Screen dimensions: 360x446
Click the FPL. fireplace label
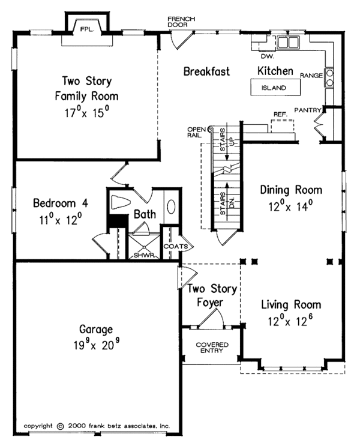[87, 29]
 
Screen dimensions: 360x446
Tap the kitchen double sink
[288, 43]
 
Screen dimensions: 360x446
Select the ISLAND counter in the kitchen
[275, 87]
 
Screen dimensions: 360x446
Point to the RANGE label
[311, 76]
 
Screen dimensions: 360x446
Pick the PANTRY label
[308, 110]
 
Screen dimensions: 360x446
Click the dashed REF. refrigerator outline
[283, 126]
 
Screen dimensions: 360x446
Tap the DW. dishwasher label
[268, 56]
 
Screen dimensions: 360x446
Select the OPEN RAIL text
[196, 132]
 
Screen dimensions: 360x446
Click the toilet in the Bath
[120, 202]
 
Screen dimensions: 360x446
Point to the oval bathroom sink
[171, 206]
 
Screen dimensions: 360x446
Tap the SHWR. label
[145, 255]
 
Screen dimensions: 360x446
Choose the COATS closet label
[176, 246]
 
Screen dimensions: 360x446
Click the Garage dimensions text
[97, 345]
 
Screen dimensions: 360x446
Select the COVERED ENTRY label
[212, 348]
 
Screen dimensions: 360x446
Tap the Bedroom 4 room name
[61, 203]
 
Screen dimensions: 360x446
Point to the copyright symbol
[60, 426]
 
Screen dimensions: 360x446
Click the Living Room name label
[291, 304]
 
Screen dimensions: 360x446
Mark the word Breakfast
[206, 71]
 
